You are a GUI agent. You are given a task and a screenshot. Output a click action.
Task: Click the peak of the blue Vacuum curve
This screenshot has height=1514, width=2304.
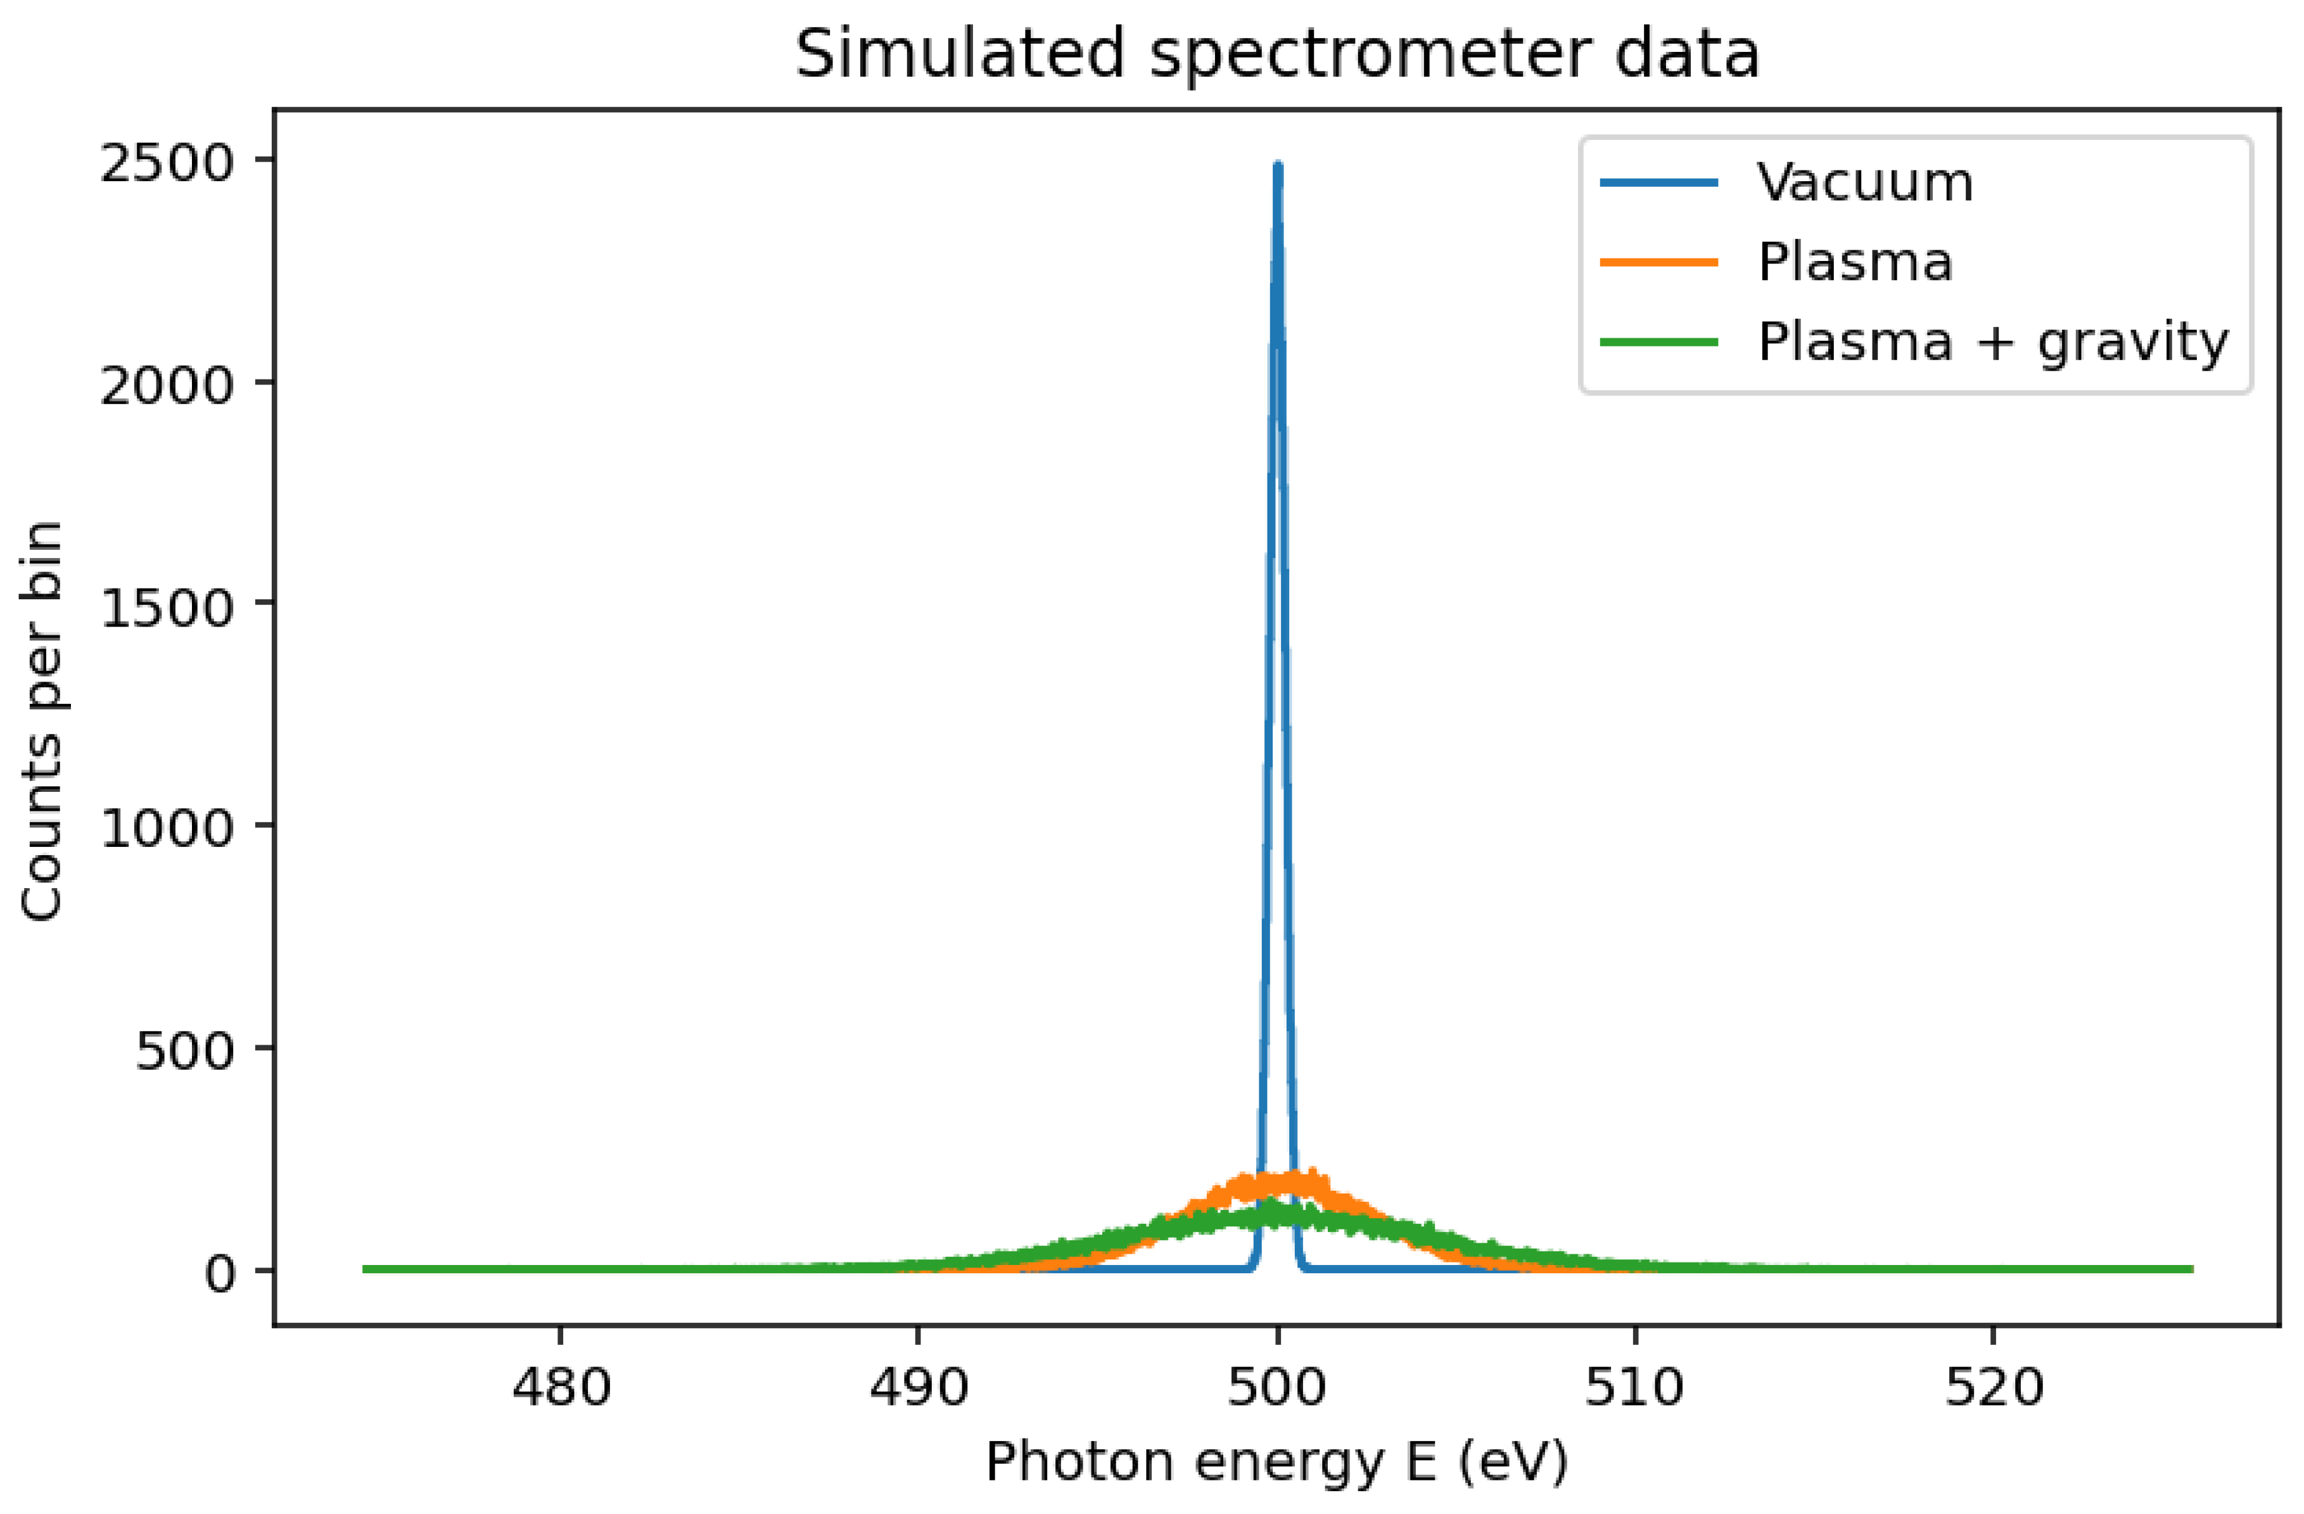1278,167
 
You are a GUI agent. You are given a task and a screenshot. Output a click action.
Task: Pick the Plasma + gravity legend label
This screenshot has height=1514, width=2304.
1993,341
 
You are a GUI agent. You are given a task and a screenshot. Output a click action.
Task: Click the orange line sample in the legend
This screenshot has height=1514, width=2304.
1658,262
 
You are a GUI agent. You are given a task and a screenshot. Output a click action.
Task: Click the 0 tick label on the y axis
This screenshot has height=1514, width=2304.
220,1273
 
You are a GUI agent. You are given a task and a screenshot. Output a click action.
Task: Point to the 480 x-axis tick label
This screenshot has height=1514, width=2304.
561,1387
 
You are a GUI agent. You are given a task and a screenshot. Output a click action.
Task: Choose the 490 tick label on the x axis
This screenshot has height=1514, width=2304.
919,1387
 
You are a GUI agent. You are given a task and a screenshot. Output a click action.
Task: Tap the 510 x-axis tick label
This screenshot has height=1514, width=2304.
1635,1387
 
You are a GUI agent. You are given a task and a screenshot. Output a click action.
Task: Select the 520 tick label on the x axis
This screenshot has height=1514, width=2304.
1993,1387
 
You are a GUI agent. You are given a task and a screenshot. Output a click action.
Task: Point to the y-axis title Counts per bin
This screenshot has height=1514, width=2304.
42,721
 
